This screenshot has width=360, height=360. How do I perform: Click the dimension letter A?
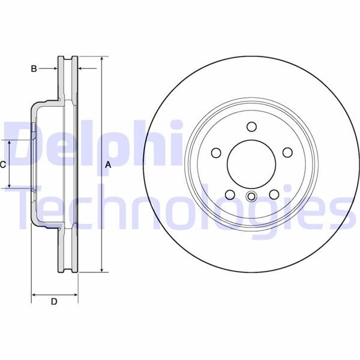108,164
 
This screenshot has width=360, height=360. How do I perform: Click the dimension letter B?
34,69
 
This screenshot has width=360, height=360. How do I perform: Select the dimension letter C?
3,164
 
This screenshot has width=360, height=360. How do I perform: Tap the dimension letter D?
54,302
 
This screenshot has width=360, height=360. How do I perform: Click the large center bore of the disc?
251,164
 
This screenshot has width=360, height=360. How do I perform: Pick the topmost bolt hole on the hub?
251,126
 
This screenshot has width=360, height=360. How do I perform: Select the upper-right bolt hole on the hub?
287,152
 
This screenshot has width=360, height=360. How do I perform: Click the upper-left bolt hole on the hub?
215,152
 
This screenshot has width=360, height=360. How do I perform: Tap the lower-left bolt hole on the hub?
229,194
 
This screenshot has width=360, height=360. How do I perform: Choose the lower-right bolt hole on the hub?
274,194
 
